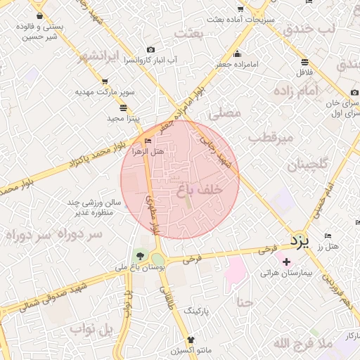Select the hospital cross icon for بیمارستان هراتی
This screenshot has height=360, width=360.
pos(286,262)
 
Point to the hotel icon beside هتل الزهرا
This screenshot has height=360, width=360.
pos(147,141)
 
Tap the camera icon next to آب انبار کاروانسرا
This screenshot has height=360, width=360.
pos(150,49)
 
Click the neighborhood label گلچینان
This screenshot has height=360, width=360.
pos(307,165)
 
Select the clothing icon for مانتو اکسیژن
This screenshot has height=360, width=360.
pos(190,340)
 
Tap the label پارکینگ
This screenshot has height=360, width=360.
pos(197,309)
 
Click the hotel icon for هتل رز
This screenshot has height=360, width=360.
pos(328,236)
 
